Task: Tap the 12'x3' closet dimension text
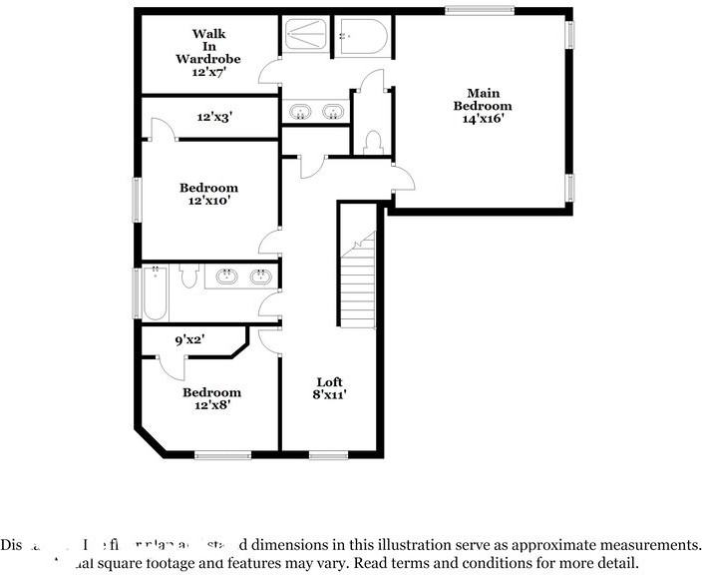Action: pyautogui.click(x=213, y=118)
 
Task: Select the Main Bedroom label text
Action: pyautogui.click(x=483, y=100)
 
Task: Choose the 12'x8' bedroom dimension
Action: pyautogui.click(x=211, y=406)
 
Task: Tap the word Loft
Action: pyautogui.click(x=330, y=382)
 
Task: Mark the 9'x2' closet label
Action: pyautogui.click(x=189, y=340)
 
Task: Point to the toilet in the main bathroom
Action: pyautogui.click(x=375, y=143)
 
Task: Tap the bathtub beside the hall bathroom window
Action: pyautogui.click(x=155, y=292)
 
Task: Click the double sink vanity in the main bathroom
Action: pyautogui.click(x=316, y=111)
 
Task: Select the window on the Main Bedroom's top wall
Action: pyautogui.click(x=479, y=10)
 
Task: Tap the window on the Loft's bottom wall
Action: pyautogui.click(x=328, y=455)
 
